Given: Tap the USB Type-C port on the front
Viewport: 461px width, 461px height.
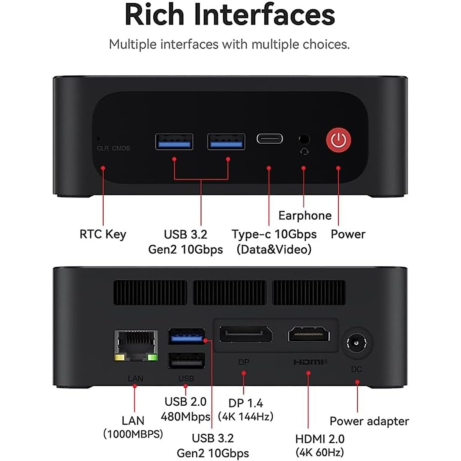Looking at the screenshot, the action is click(x=270, y=139).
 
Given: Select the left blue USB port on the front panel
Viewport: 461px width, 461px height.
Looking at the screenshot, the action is click(x=174, y=142).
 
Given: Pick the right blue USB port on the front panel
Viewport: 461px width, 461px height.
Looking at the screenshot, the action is click(x=226, y=142).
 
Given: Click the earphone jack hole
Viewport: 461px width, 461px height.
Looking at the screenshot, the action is click(x=304, y=139).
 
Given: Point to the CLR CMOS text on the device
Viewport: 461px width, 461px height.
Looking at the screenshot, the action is click(x=113, y=148).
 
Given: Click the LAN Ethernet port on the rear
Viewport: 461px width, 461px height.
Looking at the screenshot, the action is click(x=136, y=345).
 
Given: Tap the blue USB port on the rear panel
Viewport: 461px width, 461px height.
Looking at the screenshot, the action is click(x=186, y=337).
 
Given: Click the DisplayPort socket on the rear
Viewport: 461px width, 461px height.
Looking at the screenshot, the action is click(x=245, y=334).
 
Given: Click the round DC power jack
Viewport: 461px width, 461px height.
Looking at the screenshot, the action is click(x=357, y=343).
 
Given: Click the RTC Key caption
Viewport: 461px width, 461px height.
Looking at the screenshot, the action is click(x=103, y=234).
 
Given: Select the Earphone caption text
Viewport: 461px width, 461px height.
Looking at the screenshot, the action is click(x=305, y=216).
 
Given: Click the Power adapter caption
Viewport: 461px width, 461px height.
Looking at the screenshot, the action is click(x=369, y=421).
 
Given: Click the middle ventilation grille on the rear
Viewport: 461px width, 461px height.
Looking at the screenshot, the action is click(x=229, y=293).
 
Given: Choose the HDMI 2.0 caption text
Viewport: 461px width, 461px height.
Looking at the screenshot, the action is click(x=320, y=439).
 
